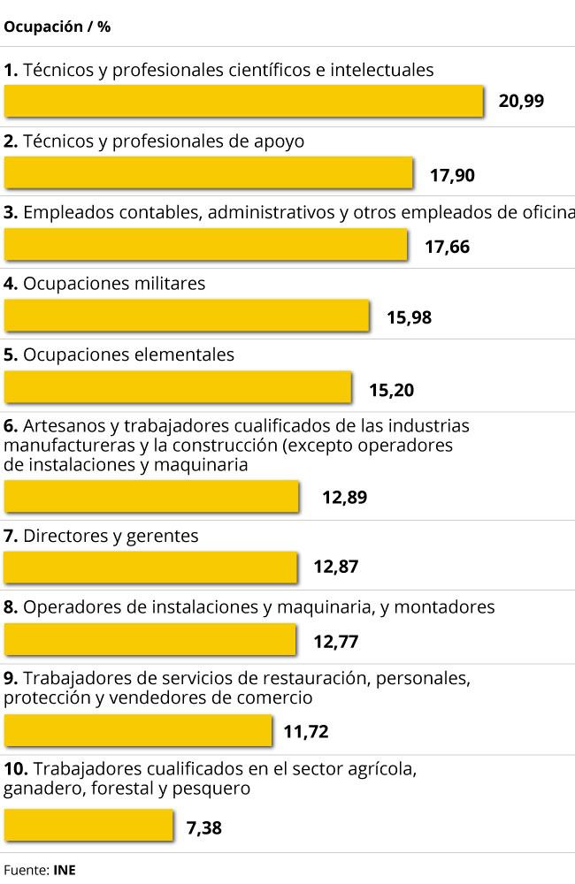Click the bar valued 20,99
tap(243, 101)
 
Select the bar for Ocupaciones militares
tap(187, 316)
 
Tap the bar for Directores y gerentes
tap(150, 568)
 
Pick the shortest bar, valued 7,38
tap(88, 826)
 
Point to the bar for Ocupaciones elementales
tap(178, 387)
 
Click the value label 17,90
tap(452, 175)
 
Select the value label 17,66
tap(447, 247)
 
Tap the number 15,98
tap(409, 317)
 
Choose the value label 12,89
tap(344, 497)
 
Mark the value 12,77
tap(335, 641)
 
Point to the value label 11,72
tap(306, 732)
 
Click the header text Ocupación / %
tap(57, 27)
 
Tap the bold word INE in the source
tap(65, 870)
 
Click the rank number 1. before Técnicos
tap(11, 70)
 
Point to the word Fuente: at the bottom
tap(26, 870)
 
